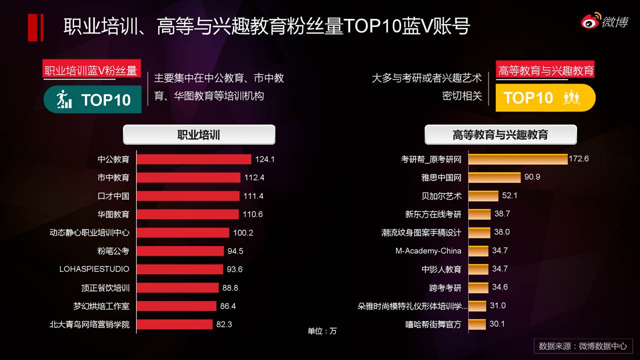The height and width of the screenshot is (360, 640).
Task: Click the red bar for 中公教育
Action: (193, 159)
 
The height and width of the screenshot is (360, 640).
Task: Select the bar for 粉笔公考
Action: (180, 250)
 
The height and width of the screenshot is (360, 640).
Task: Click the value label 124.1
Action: (265, 159)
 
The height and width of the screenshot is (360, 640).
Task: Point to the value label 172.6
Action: (579, 159)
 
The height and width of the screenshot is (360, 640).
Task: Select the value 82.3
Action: (224, 324)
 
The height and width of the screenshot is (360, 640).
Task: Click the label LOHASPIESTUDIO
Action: (94, 269)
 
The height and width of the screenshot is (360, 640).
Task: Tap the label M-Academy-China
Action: (428, 250)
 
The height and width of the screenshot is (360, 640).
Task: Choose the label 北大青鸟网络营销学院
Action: (89, 324)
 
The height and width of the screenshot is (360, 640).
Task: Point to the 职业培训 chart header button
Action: (198, 135)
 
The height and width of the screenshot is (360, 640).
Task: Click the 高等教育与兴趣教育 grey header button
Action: (500, 135)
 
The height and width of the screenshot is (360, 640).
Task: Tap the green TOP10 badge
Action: (93, 99)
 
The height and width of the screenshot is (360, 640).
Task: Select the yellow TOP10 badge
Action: (545, 97)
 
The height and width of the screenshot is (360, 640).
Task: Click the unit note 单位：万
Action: (322, 331)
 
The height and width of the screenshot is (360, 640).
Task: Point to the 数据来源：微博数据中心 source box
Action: (583, 346)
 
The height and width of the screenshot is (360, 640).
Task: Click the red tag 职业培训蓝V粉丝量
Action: (90, 70)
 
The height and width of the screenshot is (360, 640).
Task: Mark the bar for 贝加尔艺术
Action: (483, 196)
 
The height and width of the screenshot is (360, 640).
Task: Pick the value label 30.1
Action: (497, 324)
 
